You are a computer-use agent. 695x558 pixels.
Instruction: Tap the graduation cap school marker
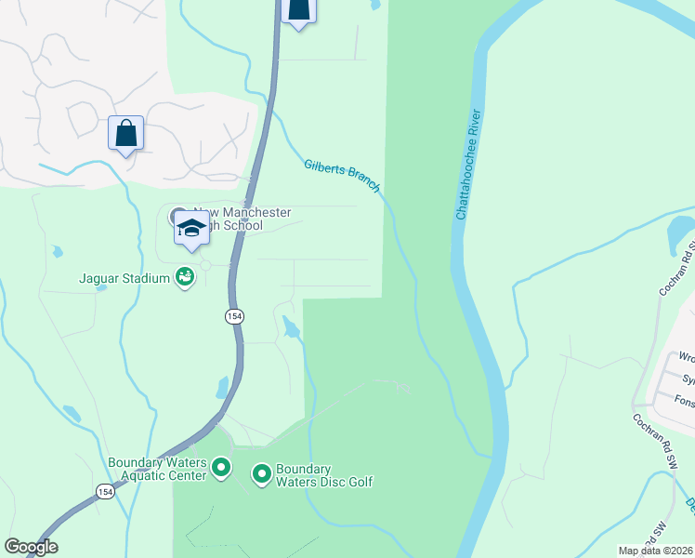[191, 229]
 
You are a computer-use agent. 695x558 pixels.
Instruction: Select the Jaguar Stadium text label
[124, 277]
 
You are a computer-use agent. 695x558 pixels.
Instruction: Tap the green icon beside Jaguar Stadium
[185, 276]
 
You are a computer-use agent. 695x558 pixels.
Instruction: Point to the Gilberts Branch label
[342, 176]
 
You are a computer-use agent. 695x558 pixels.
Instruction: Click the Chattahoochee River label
[468, 165]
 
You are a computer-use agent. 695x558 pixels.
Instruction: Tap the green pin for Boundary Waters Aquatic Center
[221, 468]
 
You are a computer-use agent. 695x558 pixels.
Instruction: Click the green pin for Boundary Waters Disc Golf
[262, 475]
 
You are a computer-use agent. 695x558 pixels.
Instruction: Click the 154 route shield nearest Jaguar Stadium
[233, 317]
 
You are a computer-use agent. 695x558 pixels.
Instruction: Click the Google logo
[31, 547]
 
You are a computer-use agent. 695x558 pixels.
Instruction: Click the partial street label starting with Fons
[684, 402]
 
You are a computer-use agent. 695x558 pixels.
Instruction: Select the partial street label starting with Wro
[686, 357]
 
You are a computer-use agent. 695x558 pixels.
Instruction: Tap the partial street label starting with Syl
[688, 379]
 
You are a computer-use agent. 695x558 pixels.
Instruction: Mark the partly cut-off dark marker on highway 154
[298, 12]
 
